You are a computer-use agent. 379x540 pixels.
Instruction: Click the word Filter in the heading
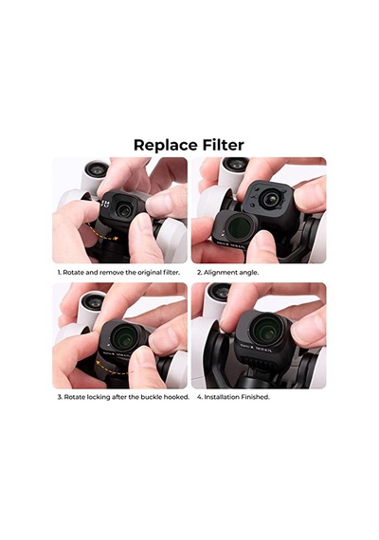(x=224, y=145)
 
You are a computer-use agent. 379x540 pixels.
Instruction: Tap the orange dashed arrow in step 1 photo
(x=102, y=232)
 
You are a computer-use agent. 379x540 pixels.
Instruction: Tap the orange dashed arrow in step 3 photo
(x=110, y=364)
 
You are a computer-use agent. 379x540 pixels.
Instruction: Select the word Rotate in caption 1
(x=73, y=273)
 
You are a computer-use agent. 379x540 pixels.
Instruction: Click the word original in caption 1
(x=150, y=273)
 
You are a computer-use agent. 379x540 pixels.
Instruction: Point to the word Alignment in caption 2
(x=221, y=273)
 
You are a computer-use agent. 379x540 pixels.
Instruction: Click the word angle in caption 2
(x=248, y=273)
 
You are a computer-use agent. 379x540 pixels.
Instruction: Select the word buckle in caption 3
(x=151, y=397)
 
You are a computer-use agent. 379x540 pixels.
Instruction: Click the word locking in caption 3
(x=99, y=397)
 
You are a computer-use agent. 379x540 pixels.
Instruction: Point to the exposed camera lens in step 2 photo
(x=269, y=198)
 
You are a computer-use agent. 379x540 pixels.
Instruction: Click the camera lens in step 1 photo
(x=123, y=209)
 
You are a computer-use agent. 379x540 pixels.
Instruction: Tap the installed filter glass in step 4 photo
(x=265, y=330)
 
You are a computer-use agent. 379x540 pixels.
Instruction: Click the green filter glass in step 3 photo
(x=124, y=336)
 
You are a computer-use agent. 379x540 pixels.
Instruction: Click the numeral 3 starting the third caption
(x=60, y=397)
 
